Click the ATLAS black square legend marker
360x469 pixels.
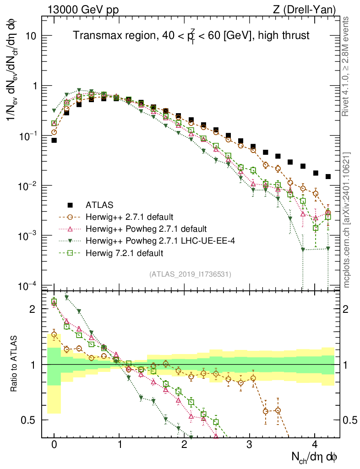[70, 204]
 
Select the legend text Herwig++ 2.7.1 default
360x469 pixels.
[125, 216]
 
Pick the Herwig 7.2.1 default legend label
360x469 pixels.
[125, 252]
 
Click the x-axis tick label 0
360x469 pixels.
[54, 445]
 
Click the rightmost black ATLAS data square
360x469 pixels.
[328, 176]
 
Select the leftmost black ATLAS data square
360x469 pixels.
[54, 141]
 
